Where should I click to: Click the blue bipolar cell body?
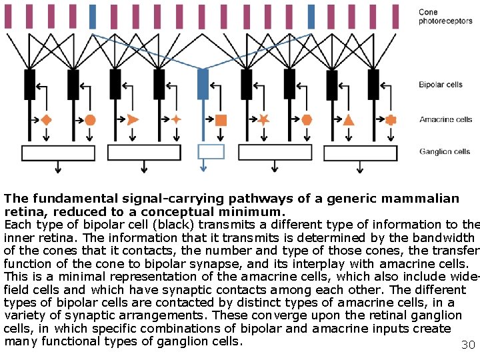[x=203, y=84]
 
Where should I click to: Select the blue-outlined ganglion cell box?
[x=211, y=151]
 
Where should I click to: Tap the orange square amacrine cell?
[x=221, y=120]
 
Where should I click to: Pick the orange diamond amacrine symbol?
[x=47, y=120]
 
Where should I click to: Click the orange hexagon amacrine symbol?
[x=307, y=120]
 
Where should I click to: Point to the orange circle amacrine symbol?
[x=90, y=120]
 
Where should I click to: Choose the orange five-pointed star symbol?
[x=263, y=120]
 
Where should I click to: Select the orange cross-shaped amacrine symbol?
[x=391, y=120]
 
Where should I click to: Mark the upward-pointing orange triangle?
[x=349, y=120]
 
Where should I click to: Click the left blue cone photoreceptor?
[x=93, y=17]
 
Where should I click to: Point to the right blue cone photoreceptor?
[x=311, y=17]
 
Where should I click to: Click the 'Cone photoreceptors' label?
[x=437, y=17]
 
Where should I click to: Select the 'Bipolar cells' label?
[x=441, y=85]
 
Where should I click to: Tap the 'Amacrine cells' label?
[x=445, y=120]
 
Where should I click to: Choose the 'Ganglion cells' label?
[x=445, y=152]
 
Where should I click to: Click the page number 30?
[x=467, y=345]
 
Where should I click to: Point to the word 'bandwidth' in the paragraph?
[x=445, y=237]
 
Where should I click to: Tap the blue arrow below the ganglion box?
[x=203, y=168]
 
